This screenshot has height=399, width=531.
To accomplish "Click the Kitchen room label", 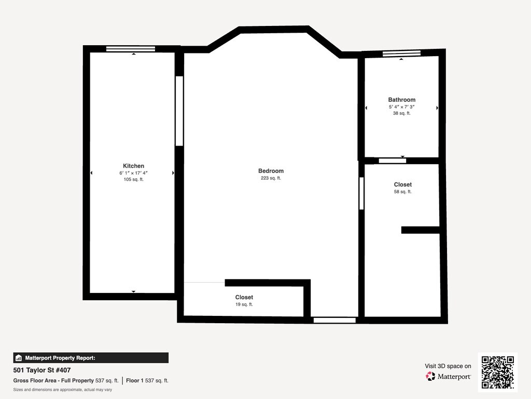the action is point(133,166).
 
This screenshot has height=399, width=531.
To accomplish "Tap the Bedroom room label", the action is point(271,171).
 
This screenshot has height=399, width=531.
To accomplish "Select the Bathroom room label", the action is point(402,100).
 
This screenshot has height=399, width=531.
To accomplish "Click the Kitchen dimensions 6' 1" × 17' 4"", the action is point(133,173).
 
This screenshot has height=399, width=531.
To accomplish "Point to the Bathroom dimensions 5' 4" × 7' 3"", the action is point(402,107).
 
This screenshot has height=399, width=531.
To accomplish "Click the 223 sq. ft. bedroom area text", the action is point(271,178).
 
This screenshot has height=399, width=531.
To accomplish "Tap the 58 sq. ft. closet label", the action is point(402,192).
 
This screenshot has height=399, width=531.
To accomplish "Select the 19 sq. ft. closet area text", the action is point(244,304).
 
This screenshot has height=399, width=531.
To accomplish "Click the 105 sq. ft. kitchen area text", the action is point(133,179).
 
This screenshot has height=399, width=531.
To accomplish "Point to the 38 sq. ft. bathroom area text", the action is point(402,113).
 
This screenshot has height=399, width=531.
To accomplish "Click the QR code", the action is point(497,372).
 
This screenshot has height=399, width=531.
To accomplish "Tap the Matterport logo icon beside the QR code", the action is point(430,376).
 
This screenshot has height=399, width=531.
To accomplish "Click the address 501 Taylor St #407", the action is point(42,370).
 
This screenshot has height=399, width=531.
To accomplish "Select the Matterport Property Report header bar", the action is point(91,358).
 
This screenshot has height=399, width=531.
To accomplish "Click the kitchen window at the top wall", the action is point(131,49).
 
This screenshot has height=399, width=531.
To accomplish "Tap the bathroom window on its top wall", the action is point(402,54).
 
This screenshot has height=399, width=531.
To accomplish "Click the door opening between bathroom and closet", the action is point(393,161).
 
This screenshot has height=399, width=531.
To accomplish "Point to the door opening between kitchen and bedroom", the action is point(179,111).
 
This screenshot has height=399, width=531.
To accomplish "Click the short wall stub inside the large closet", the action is point(420,230).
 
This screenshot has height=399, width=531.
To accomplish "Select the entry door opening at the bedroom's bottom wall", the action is point(334,320).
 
